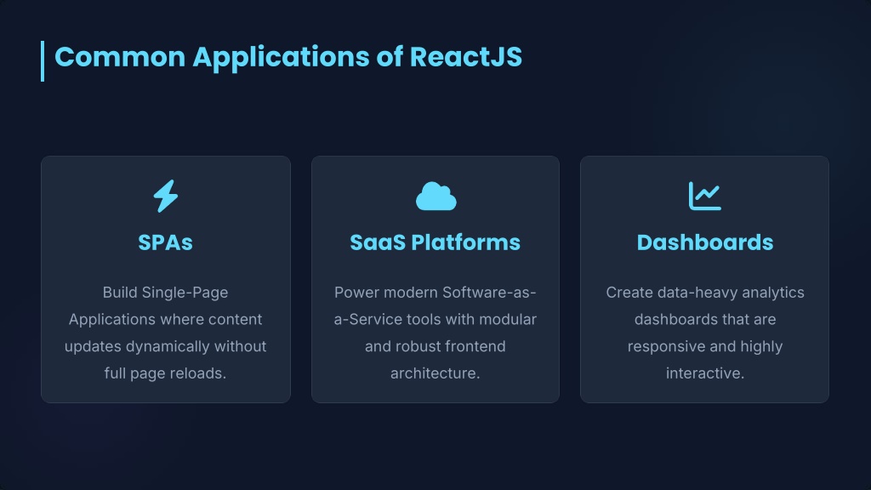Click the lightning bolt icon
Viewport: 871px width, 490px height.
(x=166, y=196)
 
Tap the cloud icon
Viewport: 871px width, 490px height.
(x=436, y=197)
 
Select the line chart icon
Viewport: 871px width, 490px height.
(x=705, y=197)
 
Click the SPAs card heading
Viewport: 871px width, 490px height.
(x=166, y=242)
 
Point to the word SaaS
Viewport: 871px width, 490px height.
(x=378, y=242)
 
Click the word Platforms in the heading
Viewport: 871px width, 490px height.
(x=465, y=242)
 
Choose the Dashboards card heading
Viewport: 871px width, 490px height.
(x=705, y=242)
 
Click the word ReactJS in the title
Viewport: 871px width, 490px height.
(x=466, y=57)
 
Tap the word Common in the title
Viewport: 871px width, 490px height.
(x=120, y=57)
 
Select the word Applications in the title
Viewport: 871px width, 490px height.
(x=281, y=58)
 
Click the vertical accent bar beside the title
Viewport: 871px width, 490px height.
(x=43, y=61)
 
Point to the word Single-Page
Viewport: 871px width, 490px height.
(x=185, y=293)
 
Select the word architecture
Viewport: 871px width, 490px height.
(x=435, y=373)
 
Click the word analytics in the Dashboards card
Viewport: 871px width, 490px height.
(x=773, y=293)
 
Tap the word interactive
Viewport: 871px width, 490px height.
(x=705, y=373)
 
